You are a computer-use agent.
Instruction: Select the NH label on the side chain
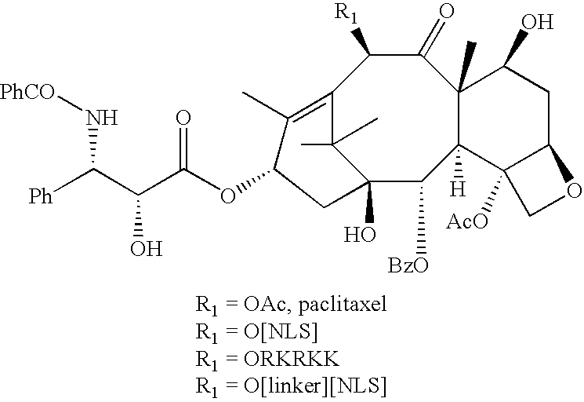102,118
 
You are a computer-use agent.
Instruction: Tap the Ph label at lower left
41,196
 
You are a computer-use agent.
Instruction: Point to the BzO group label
408,265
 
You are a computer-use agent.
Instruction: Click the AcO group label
467,221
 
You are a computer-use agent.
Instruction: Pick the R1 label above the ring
346,13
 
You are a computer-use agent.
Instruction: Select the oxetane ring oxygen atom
574,191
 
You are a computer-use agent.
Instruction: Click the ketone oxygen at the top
447,11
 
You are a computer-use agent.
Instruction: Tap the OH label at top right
538,22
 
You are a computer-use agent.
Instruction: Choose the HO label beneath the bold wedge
360,235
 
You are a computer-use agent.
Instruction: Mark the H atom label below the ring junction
458,188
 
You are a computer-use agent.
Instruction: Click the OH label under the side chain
147,248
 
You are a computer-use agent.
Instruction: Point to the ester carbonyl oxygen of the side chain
183,119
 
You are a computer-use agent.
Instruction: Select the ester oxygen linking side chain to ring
227,196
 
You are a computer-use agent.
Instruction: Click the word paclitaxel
343,305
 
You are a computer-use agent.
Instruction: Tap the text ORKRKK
292,359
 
